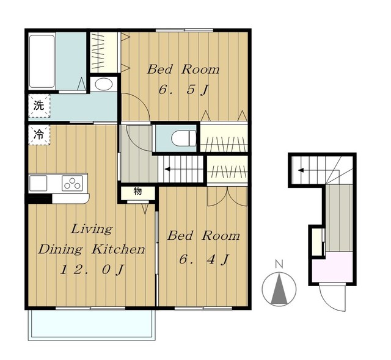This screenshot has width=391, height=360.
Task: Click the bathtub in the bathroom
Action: click(42, 61)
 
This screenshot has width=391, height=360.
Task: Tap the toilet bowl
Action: click(185, 138)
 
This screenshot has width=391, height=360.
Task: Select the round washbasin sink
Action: click(103, 84)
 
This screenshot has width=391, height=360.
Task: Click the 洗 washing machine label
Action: click(39, 106)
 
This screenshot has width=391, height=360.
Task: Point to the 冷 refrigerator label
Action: click(39, 134)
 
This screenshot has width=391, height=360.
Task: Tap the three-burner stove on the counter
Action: click(72, 183)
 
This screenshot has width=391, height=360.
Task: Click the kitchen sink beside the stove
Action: click(38, 183)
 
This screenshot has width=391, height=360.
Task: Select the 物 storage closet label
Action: click(137, 192)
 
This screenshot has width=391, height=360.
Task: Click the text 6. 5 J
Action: click(183, 90)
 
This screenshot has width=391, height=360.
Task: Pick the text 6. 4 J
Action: click(203, 260)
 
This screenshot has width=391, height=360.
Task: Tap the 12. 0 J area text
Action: click(92, 270)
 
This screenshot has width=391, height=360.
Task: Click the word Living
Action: click(92, 229)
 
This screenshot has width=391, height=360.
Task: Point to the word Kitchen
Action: click(119, 249)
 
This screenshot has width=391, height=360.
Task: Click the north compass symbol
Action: click(279, 289)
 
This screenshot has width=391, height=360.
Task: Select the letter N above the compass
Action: click(279, 264)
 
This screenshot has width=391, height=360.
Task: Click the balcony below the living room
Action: click(92, 324)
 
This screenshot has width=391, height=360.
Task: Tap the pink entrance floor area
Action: click(332, 267)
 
